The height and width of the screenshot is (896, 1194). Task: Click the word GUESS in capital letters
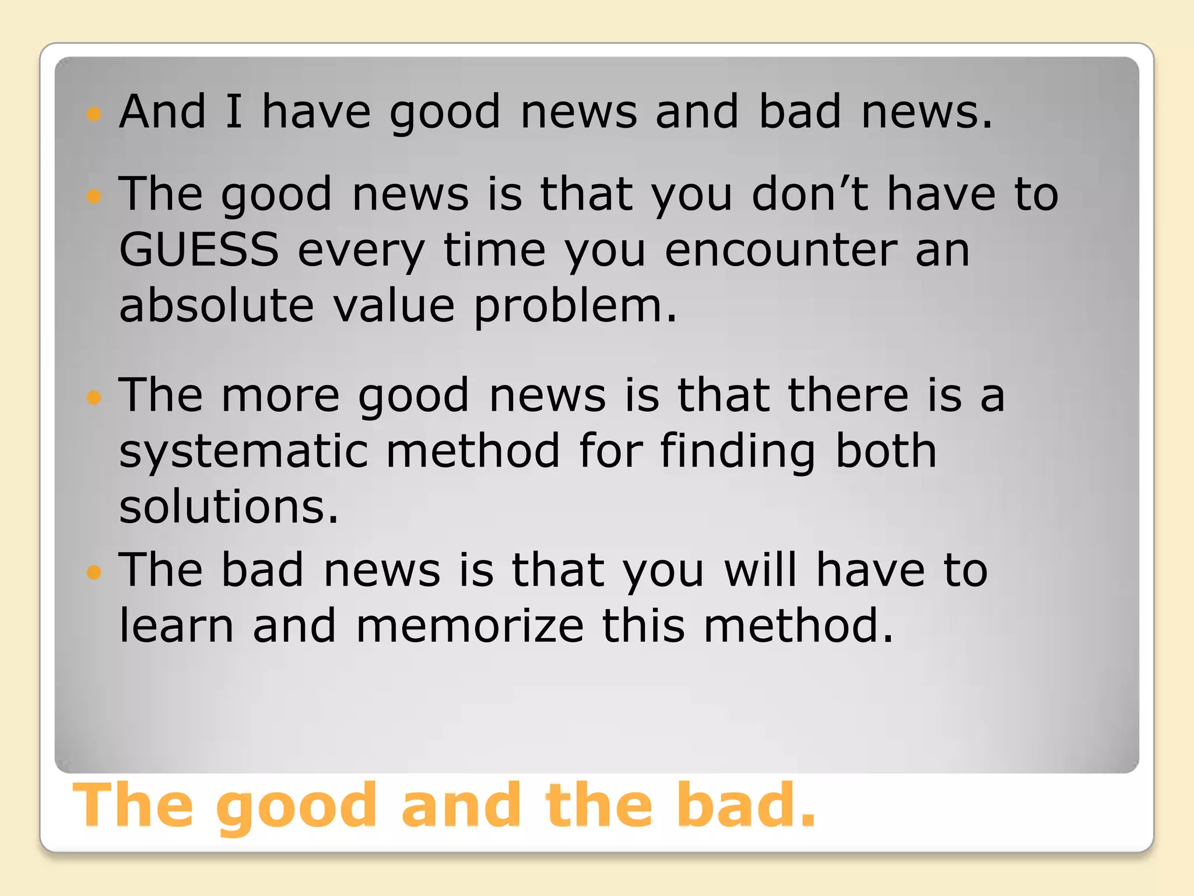(199, 250)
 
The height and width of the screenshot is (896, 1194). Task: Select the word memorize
(469, 625)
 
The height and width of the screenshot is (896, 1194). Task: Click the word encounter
(781, 250)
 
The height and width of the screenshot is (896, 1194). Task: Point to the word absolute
(216, 306)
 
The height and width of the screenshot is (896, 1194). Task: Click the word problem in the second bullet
(575, 307)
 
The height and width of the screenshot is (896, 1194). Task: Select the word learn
(177, 625)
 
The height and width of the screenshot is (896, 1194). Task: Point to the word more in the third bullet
(280, 395)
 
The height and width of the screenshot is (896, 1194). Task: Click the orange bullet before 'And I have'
(93, 113)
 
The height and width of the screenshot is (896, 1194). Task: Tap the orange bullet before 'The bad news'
(93, 572)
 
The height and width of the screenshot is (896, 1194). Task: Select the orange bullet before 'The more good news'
(93, 398)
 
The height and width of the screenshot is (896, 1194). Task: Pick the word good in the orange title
(297, 807)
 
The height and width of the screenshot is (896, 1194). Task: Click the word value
(394, 306)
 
